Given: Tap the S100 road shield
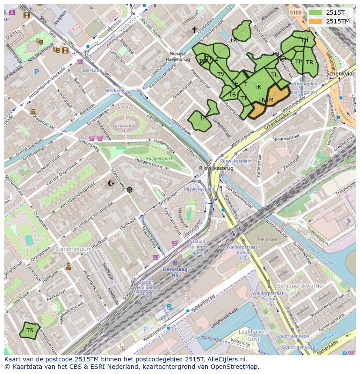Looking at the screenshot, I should tap(296, 13).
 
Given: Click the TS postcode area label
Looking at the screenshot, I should tap(30, 331).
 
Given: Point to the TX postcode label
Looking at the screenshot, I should tap(233, 40).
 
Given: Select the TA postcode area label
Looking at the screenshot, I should tap(203, 118).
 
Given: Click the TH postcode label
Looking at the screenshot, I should tap(305, 40).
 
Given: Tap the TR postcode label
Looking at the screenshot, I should tap(310, 63).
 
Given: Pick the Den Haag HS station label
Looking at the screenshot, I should tap(175, 272).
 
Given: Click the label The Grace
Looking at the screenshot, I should tap(267, 239).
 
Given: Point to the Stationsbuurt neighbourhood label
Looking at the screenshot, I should tap(73, 249).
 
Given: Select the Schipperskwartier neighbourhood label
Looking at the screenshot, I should tap(301, 286).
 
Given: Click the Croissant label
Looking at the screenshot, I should tap(125, 125).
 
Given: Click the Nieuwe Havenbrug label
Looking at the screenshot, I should tap(178, 56).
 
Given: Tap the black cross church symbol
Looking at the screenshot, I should tap(194, 30).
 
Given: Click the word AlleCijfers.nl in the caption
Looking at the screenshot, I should tap(227, 359).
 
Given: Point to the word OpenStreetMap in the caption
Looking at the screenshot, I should tap(234, 367).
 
